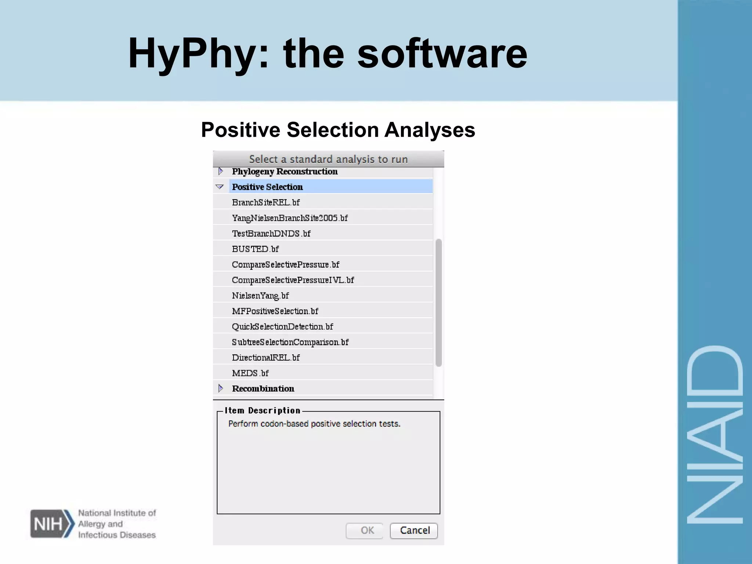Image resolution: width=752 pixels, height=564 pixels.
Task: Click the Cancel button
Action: [414, 531]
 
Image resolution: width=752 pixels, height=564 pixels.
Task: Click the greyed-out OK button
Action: [365, 531]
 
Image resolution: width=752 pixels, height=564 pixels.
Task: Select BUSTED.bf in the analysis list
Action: [256, 249]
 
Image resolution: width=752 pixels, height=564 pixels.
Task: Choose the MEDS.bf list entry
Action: [250, 373]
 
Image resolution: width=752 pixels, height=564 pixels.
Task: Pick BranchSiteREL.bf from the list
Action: [266, 202]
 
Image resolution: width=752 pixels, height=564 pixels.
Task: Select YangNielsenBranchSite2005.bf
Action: [290, 218]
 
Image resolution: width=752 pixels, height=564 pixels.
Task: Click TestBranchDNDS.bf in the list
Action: [271, 234]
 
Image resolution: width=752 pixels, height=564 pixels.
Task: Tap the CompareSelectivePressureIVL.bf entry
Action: [293, 280]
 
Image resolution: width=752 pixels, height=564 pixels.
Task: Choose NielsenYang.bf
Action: [260, 296]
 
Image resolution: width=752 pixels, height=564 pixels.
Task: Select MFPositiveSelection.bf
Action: [275, 311]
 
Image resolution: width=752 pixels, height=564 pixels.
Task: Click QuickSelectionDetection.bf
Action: [282, 326]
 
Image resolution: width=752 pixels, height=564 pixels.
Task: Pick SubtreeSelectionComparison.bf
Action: [290, 342]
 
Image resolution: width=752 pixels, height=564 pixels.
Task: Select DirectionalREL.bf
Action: [266, 358]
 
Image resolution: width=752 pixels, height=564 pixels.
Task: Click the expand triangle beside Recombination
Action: [220, 388]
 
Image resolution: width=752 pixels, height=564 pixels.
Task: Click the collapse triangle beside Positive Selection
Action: [220, 187]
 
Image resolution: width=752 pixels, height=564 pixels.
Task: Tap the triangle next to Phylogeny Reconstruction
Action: [220, 171]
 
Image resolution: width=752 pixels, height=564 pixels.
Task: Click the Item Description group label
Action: [263, 411]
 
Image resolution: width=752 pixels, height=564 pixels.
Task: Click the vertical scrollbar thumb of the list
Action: [438, 303]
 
